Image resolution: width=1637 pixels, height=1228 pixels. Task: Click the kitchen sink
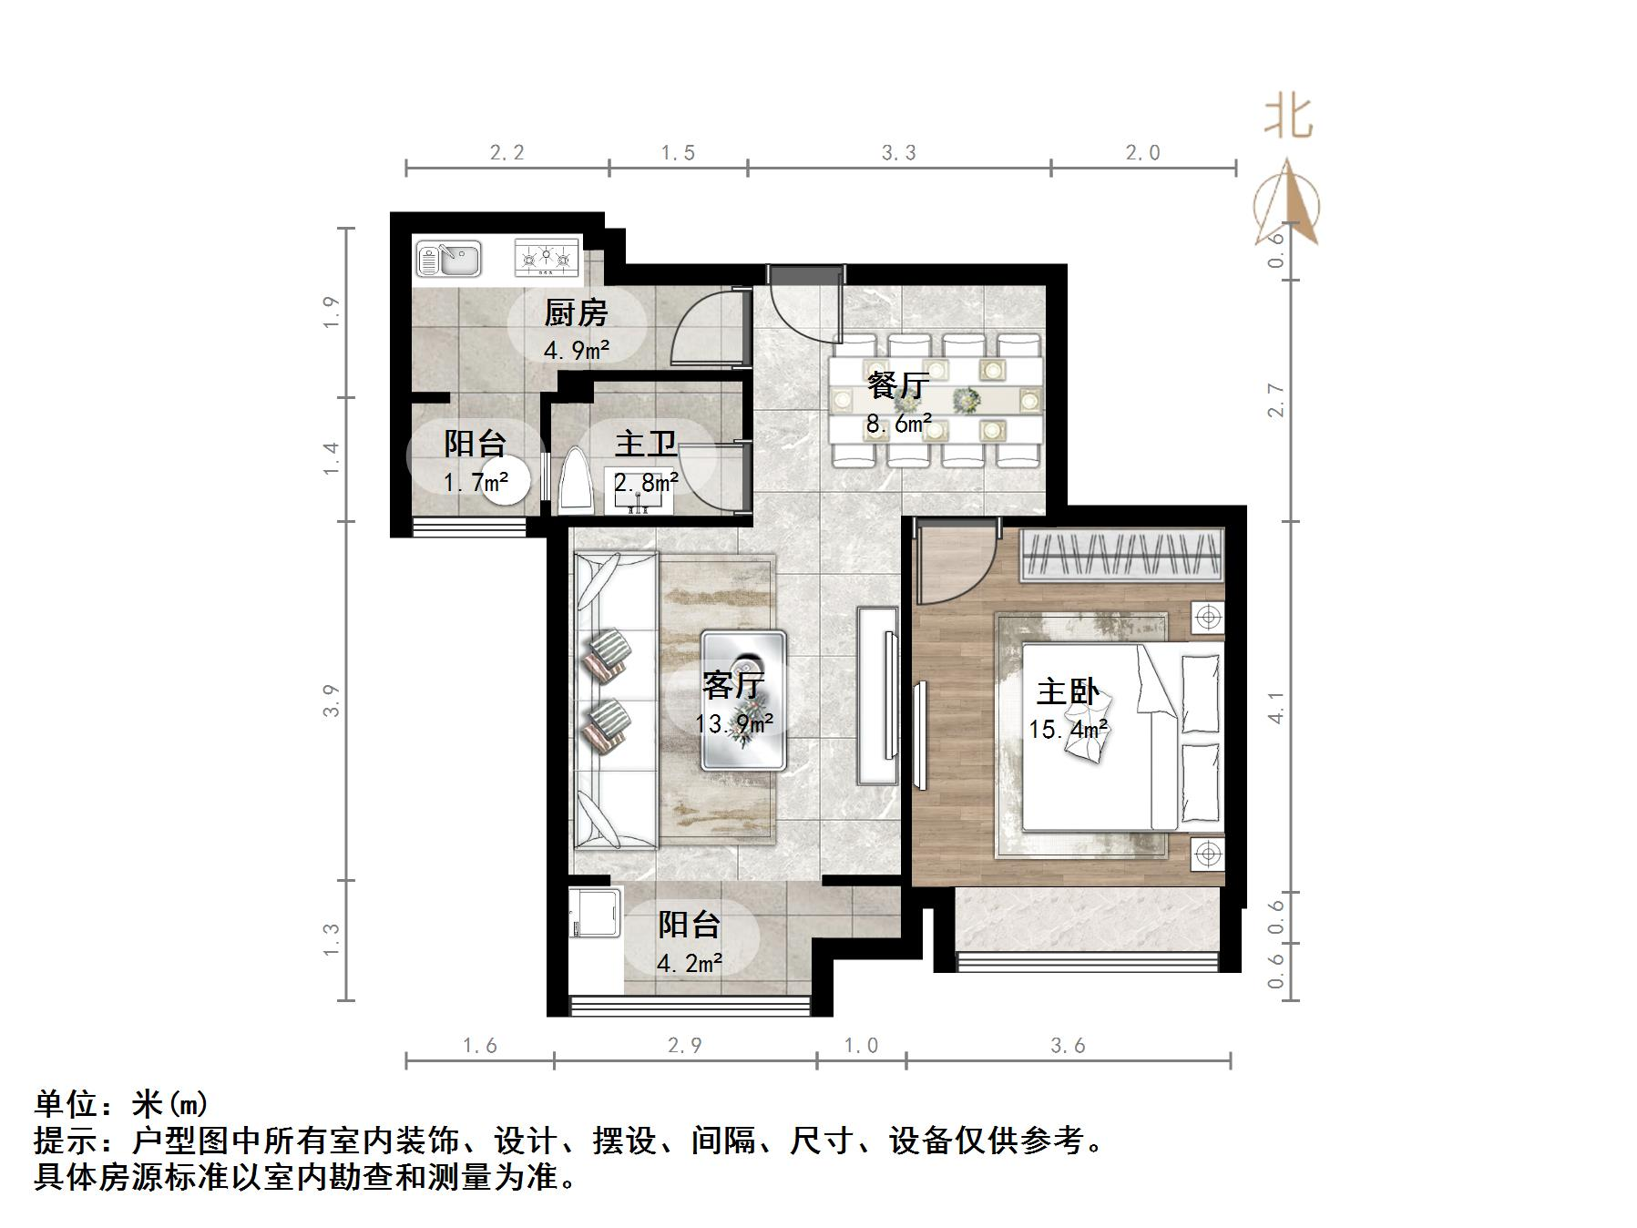pos(449,259)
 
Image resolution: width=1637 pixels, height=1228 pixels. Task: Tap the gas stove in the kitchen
pos(547,258)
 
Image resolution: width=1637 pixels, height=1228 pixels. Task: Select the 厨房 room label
pos(576,314)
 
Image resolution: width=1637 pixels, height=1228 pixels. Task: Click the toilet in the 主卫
pos(577,481)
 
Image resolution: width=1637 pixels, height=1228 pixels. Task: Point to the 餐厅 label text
pos(898,385)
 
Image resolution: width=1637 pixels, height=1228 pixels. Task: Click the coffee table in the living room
pos(743,701)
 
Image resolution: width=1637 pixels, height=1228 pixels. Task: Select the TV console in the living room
pos(877,696)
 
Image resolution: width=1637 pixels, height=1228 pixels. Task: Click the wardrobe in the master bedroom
pos(1120,554)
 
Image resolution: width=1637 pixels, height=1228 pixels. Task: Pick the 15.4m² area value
pos(1069,730)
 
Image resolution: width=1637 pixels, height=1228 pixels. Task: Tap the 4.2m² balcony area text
pos(690,963)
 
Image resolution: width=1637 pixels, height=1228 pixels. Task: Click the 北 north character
pos(1288,118)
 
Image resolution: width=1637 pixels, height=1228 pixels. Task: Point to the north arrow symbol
pos(1287,205)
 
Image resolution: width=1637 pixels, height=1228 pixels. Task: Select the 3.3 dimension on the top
pos(899,153)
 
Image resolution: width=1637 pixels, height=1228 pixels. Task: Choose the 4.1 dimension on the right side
pos(1276,707)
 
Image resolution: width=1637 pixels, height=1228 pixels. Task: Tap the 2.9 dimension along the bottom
pos(685,1046)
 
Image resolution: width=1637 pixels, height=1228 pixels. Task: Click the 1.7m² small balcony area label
pos(476,482)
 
